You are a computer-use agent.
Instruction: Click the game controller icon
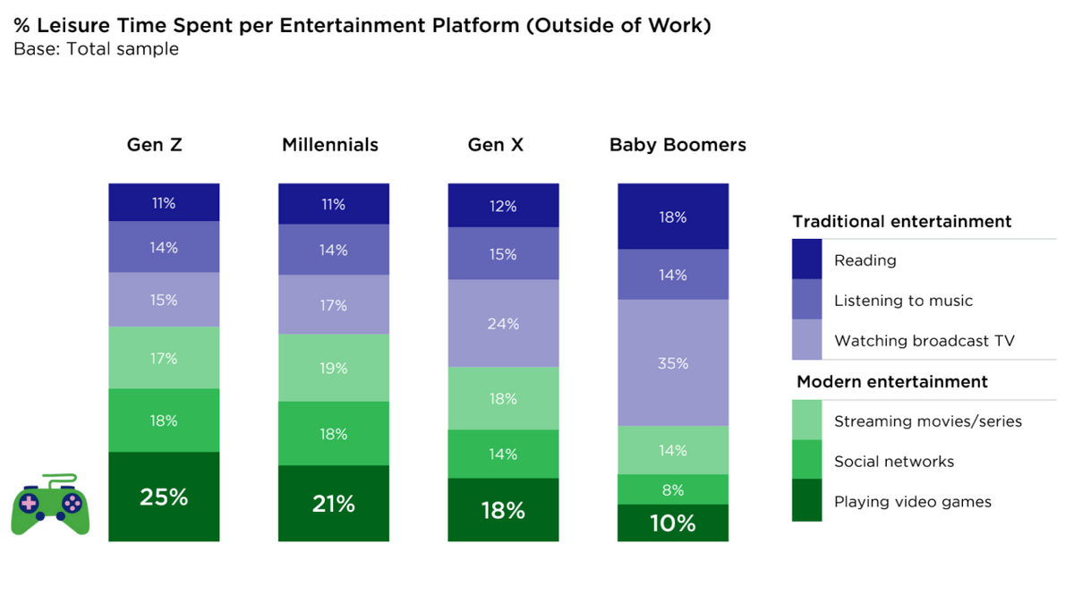coord(51,505)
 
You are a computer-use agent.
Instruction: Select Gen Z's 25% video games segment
coord(164,497)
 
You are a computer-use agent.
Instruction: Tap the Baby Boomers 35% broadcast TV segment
coord(673,363)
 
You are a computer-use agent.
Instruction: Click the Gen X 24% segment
coord(503,323)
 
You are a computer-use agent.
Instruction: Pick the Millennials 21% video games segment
coord(334,504)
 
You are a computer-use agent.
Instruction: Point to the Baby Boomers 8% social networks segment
coord(673,489)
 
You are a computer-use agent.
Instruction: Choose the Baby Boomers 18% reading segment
coord(673,217)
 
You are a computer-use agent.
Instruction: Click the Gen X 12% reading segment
coord(503,206)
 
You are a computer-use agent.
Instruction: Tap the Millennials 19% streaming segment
coord(334,368)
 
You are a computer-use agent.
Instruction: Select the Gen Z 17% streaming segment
coord(164,358)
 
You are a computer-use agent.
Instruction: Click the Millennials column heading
coord(330,145)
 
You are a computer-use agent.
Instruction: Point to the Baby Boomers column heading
coord(678,145)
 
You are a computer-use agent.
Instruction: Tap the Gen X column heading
coord(496,145)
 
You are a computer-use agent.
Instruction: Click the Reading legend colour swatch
coord(806,259)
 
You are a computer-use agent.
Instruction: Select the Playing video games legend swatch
coord(806,500)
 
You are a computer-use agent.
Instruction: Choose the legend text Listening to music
coord(903,301)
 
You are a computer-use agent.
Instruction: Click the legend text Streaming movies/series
coord(927,421)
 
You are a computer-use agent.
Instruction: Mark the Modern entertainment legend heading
coord(891,382)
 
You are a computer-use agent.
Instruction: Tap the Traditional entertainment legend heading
coord(902,222)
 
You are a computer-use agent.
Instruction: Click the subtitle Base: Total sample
coord(97,49)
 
